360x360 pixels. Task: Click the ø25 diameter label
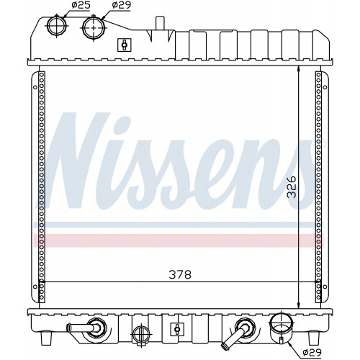[x=81, y=5]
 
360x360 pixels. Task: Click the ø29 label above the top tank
[x=122, y=5]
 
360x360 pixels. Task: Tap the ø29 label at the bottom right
[x=312, y=352]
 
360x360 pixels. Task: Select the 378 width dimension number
[x=180, y=275]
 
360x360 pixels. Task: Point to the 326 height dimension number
[x=292, y=187]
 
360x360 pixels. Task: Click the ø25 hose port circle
[x=57, y=25]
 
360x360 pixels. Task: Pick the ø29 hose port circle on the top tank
[x=94, y=28]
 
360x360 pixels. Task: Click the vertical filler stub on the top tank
[x=160, y=23]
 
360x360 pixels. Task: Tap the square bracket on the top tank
[x=125, y=45]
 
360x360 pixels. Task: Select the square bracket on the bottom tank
[x=177, y=329]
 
